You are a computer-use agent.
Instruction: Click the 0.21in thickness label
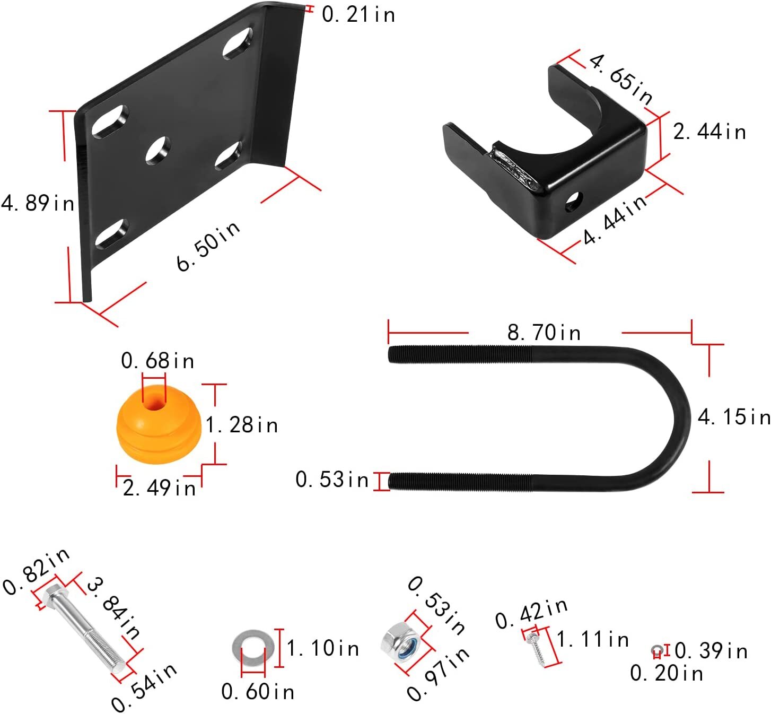pos(358,15)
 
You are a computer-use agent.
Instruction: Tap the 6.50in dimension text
pos(208,246)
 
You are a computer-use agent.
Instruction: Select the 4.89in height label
pos(38,203)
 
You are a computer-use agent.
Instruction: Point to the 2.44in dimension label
pos(709,132)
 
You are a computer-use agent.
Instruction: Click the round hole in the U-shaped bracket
pos(574,202)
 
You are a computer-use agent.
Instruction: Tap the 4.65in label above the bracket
pos(620,79)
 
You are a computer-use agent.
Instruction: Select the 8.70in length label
pos(544,333)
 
